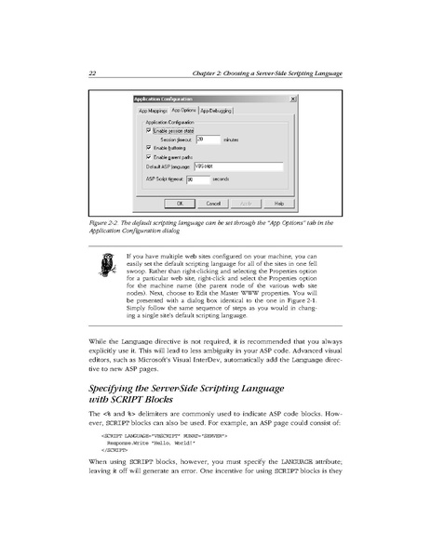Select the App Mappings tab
pyautogui.click(x=153, y=110)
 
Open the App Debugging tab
pyautogui.click(x=215, y=110)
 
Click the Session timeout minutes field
pyautogui.click(x=207, y=139)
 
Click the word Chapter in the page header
pyautogui.click(x=205, y=73)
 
